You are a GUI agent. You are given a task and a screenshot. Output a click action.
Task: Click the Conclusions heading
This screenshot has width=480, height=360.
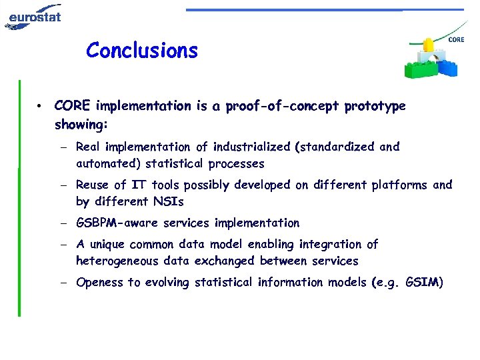(x=142, y=50)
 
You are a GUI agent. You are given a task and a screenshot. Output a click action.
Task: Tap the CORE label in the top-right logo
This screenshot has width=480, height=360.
(x=456, y=40)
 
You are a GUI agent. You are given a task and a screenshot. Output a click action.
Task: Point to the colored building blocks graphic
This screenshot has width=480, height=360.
(x=431, y=60)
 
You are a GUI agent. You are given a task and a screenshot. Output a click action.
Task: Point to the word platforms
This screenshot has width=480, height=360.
(x=399, y=185)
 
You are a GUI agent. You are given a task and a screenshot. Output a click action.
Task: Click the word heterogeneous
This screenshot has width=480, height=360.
(x=117, y=261)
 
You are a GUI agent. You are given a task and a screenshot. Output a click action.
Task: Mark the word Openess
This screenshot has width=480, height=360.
(x=100, y=282)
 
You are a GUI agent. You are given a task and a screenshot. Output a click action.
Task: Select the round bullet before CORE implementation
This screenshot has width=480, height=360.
(x=41, y=107)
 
